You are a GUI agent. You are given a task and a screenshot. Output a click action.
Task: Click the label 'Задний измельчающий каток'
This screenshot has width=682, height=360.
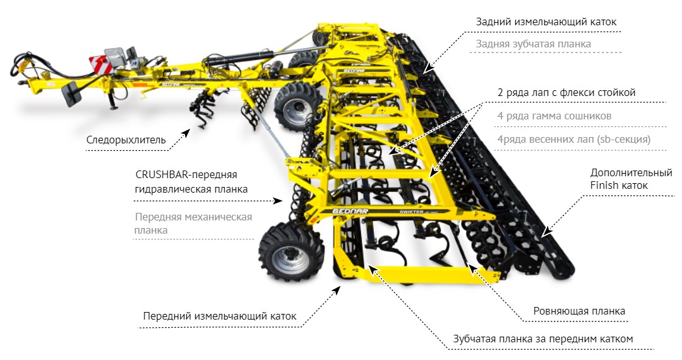(x=546, y=21)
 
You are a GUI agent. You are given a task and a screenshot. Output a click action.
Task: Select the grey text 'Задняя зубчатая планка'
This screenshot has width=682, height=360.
(x=533, y=44)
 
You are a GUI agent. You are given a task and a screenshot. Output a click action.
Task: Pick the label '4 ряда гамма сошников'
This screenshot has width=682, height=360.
(x=554, y=116)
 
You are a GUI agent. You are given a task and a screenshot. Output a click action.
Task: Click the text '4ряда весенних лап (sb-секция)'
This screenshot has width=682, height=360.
(x=574, y=140)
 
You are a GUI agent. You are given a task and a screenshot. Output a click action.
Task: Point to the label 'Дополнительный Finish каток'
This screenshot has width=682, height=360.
(x=631, y=179)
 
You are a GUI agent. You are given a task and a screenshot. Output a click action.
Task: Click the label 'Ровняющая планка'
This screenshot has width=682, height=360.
(x=579, y=311)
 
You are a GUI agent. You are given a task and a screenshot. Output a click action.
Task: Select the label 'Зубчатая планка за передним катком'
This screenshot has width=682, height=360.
(x=543, y=339)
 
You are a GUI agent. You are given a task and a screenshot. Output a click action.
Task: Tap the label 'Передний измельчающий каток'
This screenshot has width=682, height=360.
(x=220, y=316)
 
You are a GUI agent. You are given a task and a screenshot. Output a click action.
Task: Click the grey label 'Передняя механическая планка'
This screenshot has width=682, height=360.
(x=194, y=224)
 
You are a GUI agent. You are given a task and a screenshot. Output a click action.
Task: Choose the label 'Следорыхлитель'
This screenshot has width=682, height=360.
(x=126, y=140)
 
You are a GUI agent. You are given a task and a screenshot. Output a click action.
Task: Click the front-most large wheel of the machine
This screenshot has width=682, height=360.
(x=291, y=252)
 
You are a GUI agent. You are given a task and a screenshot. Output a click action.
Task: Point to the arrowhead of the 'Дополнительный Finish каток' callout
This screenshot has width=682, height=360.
(x=545, y=233)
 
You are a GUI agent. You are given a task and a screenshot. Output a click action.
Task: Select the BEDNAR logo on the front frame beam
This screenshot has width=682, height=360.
(x=350, y=212)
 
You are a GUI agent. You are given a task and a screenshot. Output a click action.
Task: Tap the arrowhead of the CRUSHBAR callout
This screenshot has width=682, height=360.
(x=278, y=201)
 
